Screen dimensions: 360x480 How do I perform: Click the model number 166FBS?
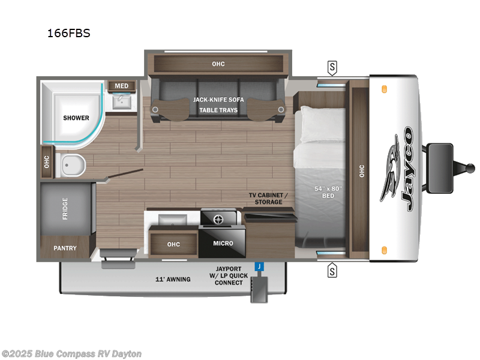[69, 34]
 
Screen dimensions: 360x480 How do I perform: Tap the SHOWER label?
[76, 118]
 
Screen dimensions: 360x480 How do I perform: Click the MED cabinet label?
[121, 86]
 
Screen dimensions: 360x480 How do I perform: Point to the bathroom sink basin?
[122, 103]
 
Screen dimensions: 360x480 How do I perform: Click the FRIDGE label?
[65, 208]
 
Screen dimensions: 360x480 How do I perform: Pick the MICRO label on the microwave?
[223, 244]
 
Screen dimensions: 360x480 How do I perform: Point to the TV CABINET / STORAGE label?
[269, 199]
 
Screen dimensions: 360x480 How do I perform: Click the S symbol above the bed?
[332, 66]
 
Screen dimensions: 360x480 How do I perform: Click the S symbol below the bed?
[332, 272]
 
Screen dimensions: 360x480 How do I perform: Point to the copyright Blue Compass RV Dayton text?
[72, 353]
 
